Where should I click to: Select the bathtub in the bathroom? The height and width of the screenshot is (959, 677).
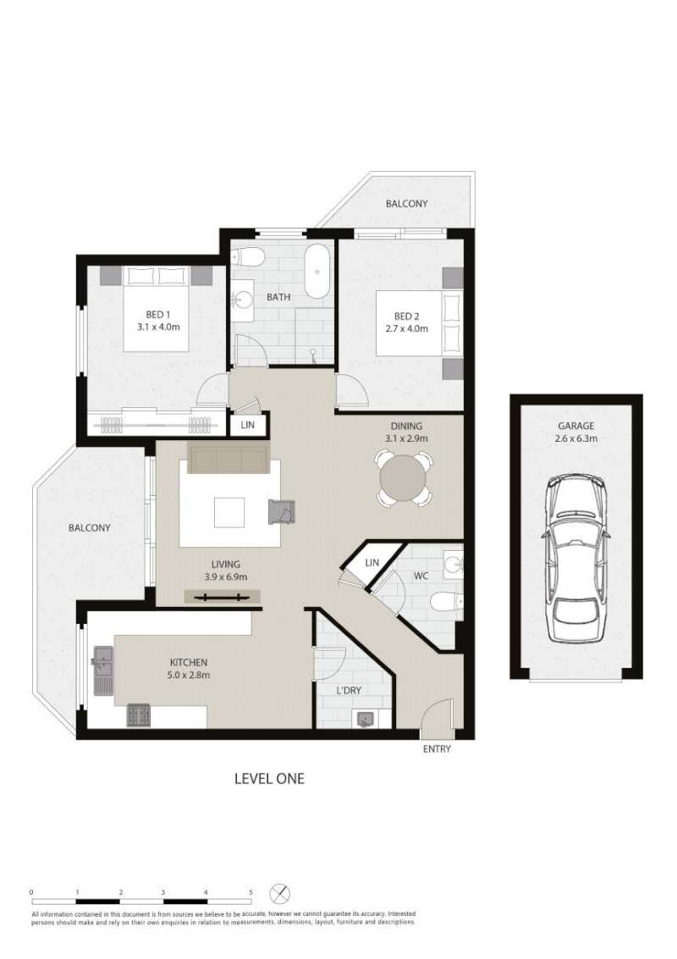316,272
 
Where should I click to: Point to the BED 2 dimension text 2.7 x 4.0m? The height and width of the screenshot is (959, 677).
406,328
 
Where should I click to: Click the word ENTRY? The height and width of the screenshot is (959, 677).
437,748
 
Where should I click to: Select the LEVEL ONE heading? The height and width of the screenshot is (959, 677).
270,779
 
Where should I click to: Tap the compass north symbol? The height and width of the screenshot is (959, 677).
279,894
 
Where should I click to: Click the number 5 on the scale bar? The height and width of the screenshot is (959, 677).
250,892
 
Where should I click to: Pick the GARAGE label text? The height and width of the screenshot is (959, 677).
576,427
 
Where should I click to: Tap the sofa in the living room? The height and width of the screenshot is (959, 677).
228,460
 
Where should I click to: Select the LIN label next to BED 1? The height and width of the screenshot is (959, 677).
248,425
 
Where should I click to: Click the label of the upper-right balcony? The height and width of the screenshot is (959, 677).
407,204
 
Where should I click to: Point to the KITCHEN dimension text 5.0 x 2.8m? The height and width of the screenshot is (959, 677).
189,675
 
